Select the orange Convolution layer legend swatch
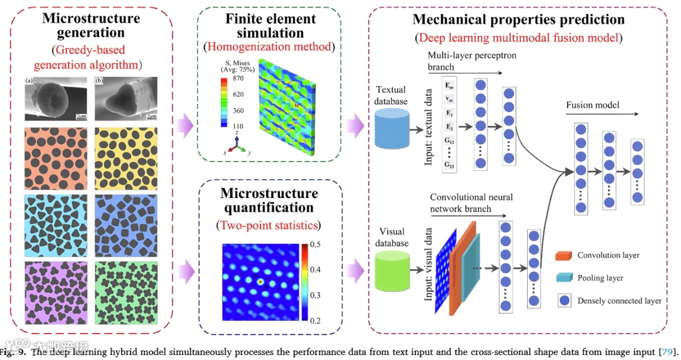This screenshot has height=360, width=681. click(x=563, y=255)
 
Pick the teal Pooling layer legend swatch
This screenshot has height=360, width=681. click(x=563, y=278)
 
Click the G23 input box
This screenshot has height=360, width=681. click(x=449, y=165)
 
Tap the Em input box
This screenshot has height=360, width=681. click(x=449, y=85)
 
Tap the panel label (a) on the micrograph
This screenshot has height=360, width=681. click(x=29, y=81)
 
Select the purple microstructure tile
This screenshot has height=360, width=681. click(x=55, y=291)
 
